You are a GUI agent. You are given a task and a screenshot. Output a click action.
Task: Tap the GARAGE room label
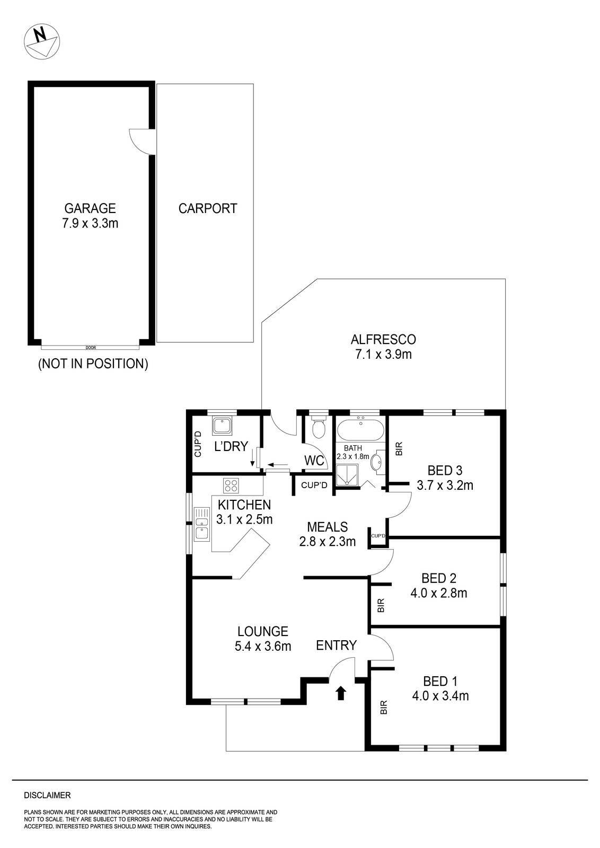pos(90,208)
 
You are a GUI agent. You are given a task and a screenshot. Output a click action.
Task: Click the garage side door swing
pos(140,141)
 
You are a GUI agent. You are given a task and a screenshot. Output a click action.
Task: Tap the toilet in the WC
pos(319,427)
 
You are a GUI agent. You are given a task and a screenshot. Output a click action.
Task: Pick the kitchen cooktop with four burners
pos(231,485)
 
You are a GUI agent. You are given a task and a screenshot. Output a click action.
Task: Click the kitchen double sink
pos(202,524)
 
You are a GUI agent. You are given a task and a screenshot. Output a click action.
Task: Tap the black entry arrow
pos(340,692)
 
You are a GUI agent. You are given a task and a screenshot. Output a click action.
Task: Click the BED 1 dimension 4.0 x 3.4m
pos(440,695)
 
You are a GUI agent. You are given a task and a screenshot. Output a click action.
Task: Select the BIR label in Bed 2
pos(380,606)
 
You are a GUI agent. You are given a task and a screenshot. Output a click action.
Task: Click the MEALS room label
pos(328,527)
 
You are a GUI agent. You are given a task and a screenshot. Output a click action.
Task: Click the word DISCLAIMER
pos(47,795)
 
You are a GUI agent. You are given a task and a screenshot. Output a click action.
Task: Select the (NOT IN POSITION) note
pos(93,364)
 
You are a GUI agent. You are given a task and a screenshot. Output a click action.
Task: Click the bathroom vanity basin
pos(378,462)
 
